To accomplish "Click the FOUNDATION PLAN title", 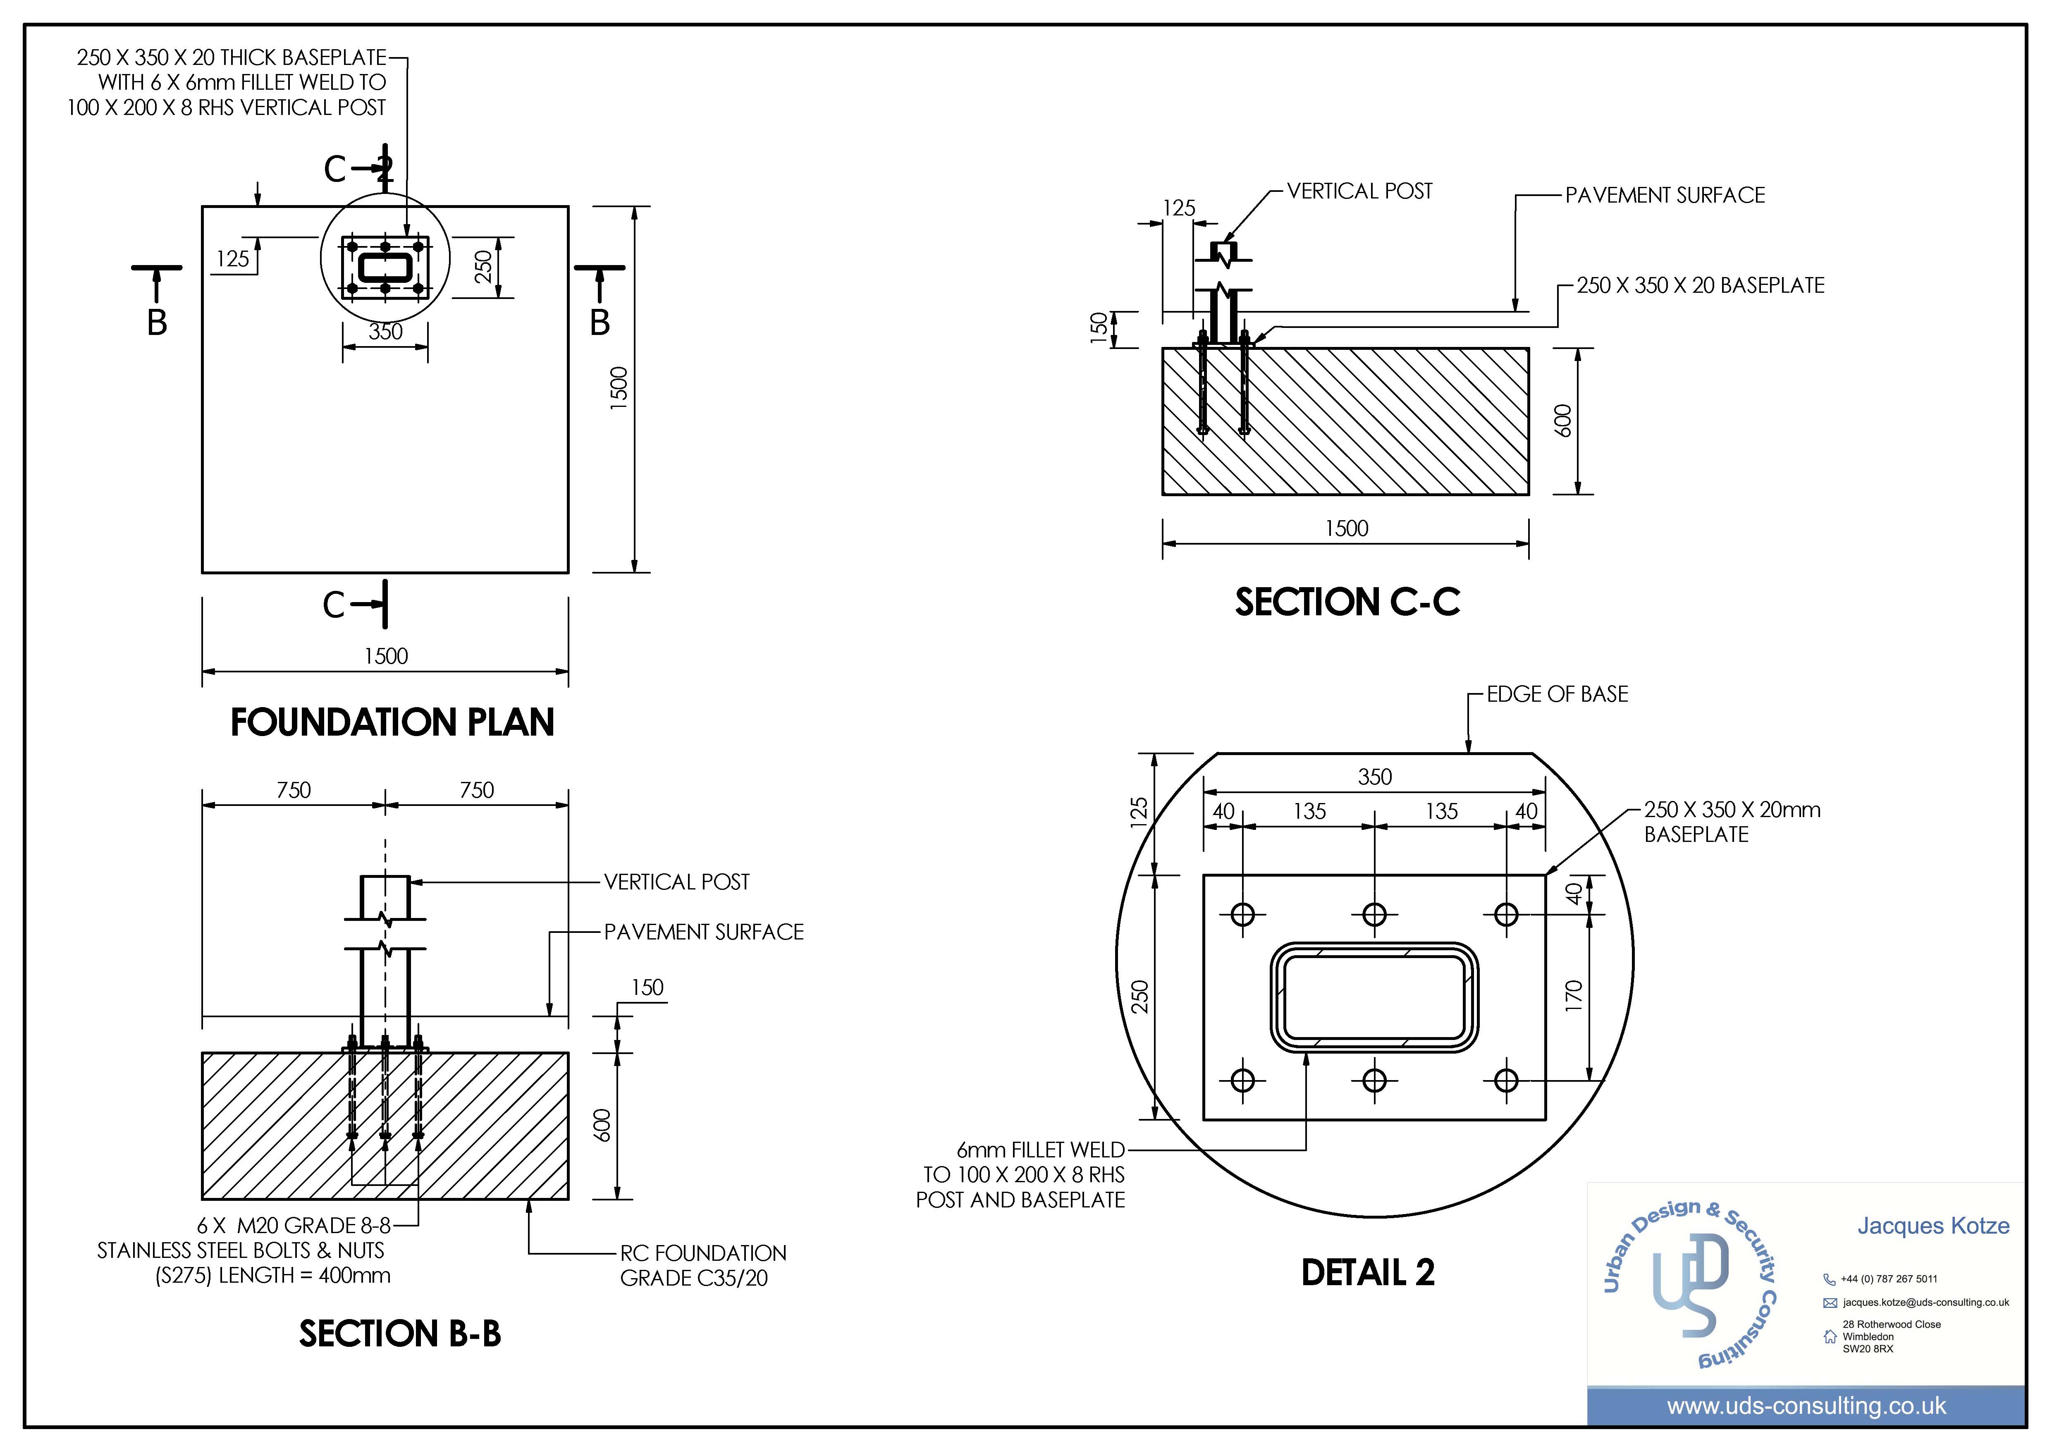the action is click(x=392, y=722).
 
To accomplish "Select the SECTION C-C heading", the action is click(x=1348, y=602).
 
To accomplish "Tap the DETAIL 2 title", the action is click(x=1367, y=1272).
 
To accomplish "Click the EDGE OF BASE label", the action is click(x=1557, y=695).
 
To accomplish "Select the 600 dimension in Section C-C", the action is click(x=1562, y=421).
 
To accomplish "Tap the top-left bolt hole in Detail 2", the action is click(x=1242, y=915).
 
